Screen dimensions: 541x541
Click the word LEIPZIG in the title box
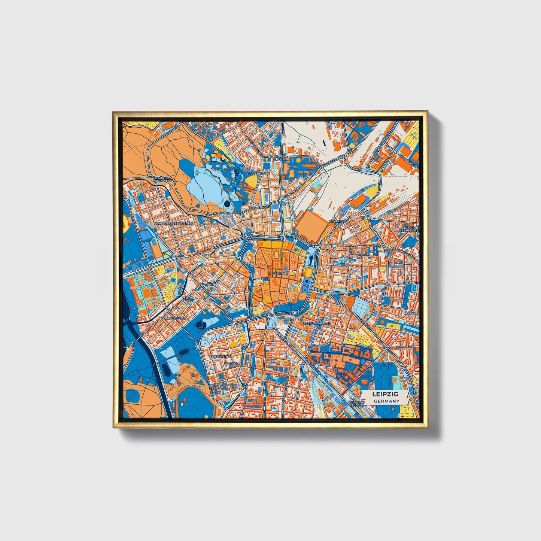pos(385,394)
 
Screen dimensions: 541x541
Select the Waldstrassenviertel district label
pos(175,223)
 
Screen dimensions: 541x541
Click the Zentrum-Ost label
pos(337,223)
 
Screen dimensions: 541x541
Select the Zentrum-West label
pos(189,300)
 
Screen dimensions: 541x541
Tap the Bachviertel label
pos(176,317)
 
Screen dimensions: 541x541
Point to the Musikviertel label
pos(219,357)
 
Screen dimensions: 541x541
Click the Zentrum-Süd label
pos(232,365)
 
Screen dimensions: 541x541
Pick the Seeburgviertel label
pos(317,323)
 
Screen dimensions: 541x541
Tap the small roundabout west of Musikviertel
pos(198,346)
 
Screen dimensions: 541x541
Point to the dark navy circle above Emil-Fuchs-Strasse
pos(227,204)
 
